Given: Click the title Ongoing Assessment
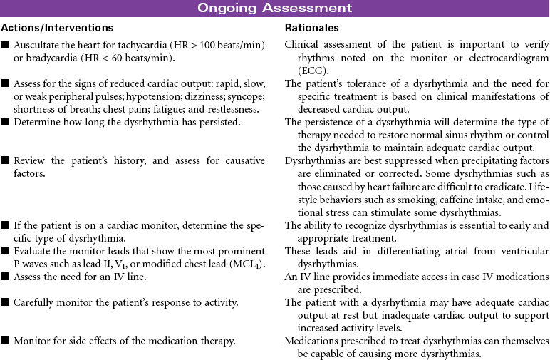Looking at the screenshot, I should tap(274, 8).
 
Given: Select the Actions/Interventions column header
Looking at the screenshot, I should tap(58, 28).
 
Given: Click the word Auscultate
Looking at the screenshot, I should tap(36, 46).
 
